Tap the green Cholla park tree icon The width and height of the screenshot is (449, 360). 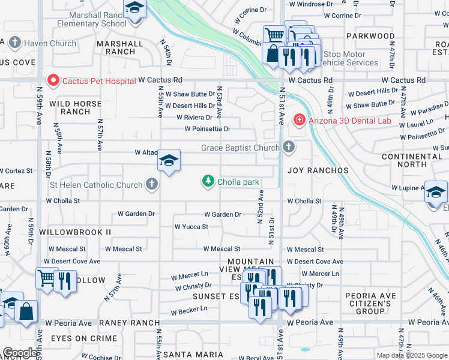pos(208,181)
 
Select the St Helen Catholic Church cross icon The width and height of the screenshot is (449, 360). pos(152,185)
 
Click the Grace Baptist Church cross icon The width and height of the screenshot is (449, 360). pos(289,147)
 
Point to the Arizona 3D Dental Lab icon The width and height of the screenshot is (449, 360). pos(298,121)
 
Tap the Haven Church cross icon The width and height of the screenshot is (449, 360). pos(14,43)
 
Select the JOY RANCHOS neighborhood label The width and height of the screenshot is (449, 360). pos(318,170)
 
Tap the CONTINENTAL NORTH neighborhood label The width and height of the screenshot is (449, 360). pos(412,160)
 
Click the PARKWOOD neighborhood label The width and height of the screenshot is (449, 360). pos(372,36)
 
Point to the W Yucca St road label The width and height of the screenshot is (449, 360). pos(191,227)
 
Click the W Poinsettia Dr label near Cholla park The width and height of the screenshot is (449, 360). pos(207,128)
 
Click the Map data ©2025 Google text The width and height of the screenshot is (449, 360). pos(411,355)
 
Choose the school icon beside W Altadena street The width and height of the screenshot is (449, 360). pos(169,161)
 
